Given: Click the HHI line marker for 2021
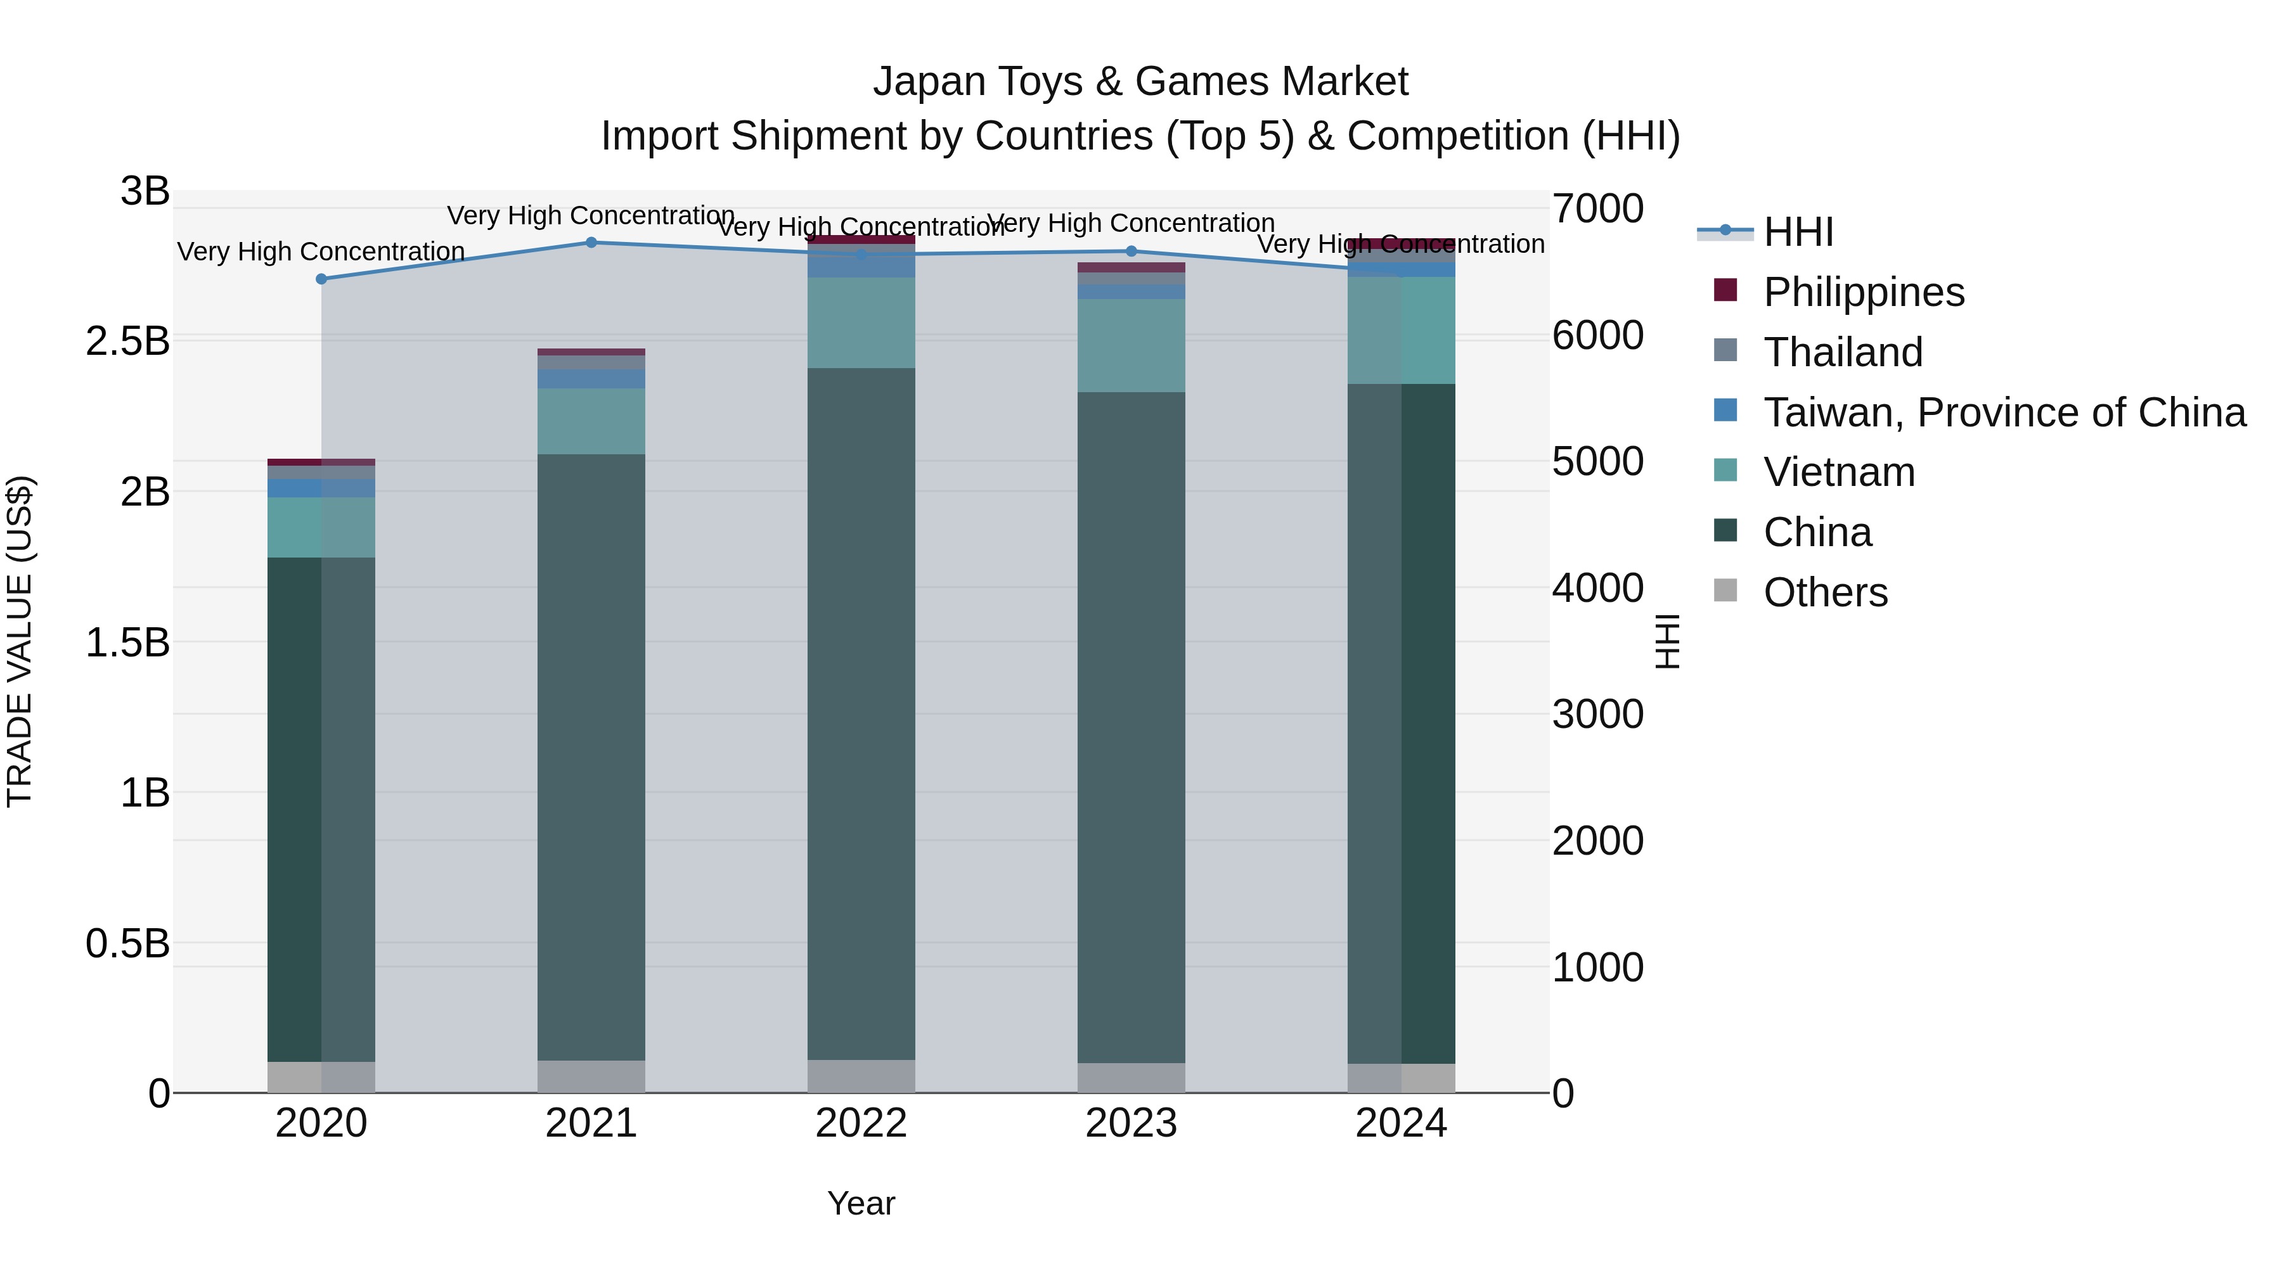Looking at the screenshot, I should [x=591, y=243].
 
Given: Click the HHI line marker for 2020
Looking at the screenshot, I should [x=321, y=279].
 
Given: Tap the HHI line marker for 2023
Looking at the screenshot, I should [x=1131, y=252].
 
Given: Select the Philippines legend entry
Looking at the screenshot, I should [x=1864, y=292].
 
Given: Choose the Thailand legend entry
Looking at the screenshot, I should [x=1843, y=352].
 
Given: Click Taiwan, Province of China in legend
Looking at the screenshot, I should [x=2004, y=412].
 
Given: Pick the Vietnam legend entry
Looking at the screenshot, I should [x=1839, y=472].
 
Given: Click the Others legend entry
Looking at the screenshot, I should [x=1825, y=592].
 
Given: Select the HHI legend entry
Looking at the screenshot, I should [x=1798, y=232].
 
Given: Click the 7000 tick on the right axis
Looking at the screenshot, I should [x=1597, y=209].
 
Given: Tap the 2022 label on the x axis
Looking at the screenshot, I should [x=861, y=1123].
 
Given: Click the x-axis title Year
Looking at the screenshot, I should [x=861, y=1203].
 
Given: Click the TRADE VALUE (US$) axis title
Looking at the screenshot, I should [x=20, y=641].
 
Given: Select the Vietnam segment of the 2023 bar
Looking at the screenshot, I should [x=1131, y=345].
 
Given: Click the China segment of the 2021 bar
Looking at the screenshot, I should [x=591, y=757].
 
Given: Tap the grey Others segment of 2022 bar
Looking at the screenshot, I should [x=861, y=1076].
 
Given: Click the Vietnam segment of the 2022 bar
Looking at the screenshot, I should [x=861, y=323].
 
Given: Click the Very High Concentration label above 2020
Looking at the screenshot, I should [x=321, y=252].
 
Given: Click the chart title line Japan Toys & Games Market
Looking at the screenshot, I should [x=1140, y=82].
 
